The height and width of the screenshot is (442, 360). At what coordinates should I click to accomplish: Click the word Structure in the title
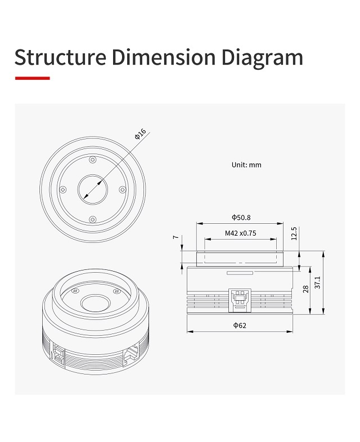60,57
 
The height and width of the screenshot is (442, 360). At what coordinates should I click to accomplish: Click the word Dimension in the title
164,57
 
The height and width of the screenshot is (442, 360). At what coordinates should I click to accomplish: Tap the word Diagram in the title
262,58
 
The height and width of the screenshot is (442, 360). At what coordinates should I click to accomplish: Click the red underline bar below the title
33,78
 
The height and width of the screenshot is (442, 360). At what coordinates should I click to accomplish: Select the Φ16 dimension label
141,134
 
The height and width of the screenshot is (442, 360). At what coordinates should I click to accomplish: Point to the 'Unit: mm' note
246,165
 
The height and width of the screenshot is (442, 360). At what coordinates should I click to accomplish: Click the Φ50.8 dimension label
241,217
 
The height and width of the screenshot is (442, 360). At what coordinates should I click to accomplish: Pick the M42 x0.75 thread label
241,233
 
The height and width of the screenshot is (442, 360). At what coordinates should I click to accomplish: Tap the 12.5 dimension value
294,233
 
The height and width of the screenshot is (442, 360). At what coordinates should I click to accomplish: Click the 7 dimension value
176,237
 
